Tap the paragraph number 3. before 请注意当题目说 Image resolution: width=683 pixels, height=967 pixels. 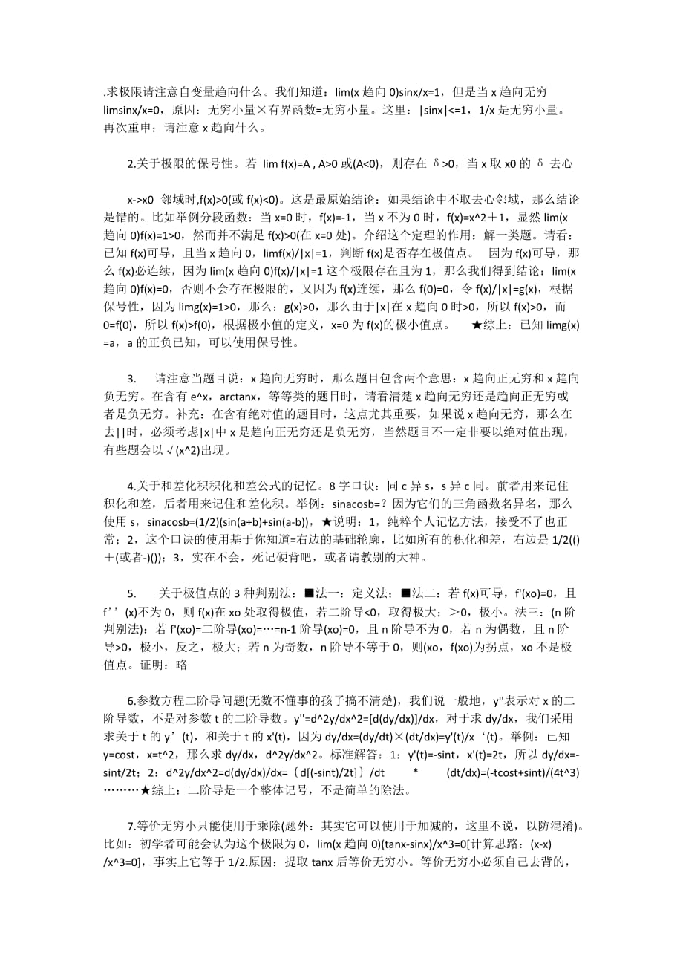pos(131,377)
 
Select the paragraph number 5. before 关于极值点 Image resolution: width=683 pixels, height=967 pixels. pos(131,593)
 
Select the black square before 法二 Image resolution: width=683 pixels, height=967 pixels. pos(405,593)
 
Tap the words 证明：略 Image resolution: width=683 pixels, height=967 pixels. pos(173,665)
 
